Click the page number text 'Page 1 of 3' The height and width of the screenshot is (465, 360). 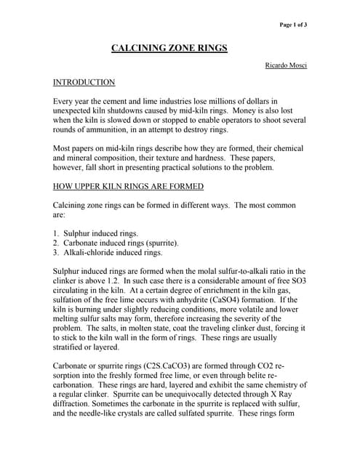[x=294, y=25]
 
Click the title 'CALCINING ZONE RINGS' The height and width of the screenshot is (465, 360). [x=169, y=48]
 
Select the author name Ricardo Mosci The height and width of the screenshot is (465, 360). [x=286, y=65]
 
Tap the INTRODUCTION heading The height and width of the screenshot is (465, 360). [x=84, y=83]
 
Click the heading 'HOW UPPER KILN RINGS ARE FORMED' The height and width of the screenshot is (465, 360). [x=129, y=186]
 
